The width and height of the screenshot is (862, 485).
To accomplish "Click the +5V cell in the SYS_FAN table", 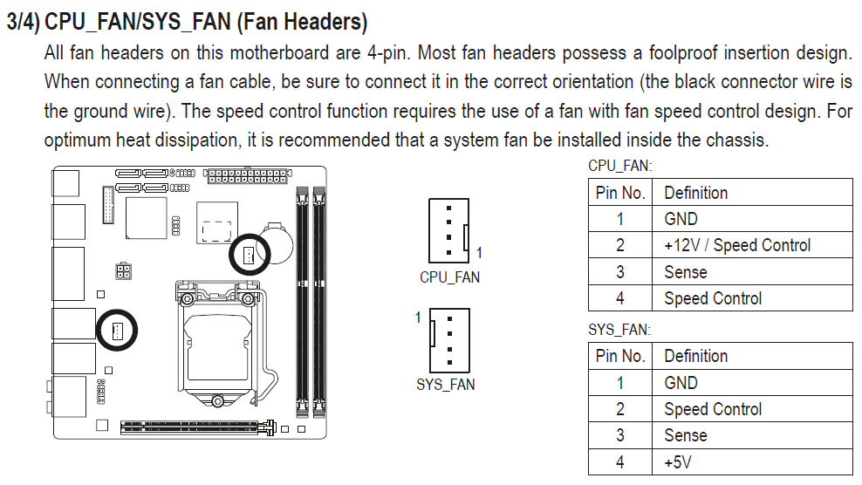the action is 677,462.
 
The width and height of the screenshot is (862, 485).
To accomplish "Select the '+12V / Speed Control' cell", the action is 737,245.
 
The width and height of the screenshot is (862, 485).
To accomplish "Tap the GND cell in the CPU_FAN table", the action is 681,219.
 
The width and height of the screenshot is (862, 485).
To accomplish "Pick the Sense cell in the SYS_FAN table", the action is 686,435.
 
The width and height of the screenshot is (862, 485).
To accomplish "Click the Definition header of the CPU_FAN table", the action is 696,193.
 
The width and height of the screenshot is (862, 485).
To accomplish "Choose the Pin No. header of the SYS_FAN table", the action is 620,356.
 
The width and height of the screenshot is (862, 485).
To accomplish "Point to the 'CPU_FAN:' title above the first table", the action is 620,166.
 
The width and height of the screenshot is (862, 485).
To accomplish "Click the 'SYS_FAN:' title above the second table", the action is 619,330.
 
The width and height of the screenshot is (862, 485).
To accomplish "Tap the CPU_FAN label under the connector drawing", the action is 449,277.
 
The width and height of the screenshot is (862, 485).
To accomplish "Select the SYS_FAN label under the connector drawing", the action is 446,385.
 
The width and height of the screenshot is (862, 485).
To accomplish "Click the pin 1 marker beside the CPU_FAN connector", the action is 479,253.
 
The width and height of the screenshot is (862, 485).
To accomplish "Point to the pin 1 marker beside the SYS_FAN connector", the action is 418,318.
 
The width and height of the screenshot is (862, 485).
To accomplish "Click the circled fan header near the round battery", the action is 249,255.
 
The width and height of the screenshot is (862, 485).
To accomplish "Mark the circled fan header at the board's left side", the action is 117,331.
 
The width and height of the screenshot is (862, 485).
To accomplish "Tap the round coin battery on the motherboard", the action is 277,242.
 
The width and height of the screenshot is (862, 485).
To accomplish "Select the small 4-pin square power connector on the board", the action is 123,271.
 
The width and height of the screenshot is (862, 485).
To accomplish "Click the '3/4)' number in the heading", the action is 23,22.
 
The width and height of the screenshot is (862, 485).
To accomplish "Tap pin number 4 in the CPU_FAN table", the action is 620,298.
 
